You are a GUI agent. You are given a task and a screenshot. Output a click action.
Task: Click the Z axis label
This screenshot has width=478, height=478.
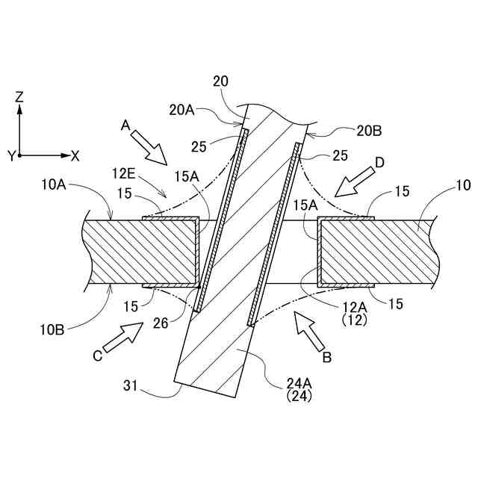19,96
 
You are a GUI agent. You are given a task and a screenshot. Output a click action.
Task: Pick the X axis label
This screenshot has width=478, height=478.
75,155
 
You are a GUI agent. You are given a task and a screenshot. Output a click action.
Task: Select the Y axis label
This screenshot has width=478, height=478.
11,155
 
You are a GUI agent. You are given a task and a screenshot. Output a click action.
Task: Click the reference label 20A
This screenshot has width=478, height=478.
182,110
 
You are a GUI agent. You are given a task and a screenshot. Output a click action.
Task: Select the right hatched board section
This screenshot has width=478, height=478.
373,252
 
